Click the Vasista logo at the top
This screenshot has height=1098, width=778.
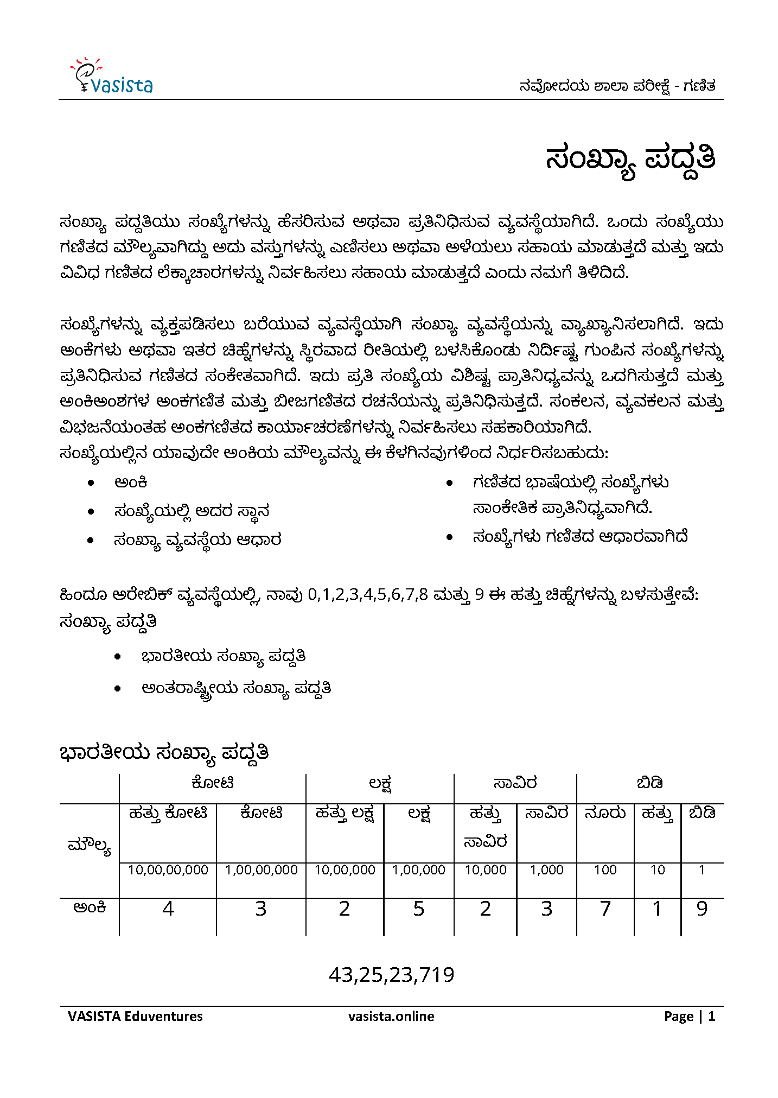pos(112,77)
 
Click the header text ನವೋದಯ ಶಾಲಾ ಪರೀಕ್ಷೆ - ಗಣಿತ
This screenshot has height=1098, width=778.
pos(617,86)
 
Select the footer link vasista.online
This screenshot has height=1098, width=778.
pos(391,1016)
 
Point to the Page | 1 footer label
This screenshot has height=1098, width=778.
pos(690,1016)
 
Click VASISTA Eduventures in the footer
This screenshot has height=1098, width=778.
pos(135,1016)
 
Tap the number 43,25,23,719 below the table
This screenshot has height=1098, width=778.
pos(391,975)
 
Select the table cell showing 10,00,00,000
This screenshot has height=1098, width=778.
pos(168,870)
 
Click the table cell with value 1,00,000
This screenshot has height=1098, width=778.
pos(418,870)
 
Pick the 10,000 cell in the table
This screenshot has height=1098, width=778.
pos(485,870)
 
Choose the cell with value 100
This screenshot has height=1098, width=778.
pos(605,870)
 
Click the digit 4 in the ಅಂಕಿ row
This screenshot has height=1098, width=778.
pos(168,909)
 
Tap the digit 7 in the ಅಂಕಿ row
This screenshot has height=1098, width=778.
pos(605,909)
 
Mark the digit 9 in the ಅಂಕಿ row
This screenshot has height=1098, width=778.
pos(702,909)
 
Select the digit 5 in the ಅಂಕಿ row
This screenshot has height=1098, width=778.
pos(418,909)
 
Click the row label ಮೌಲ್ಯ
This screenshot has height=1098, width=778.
pos(90,846)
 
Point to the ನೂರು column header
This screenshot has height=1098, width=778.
pos(605,813)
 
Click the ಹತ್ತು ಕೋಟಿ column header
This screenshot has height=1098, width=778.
pos(168,814)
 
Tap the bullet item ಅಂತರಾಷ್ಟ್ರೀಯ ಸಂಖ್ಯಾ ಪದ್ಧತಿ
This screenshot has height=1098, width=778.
pos(236,689)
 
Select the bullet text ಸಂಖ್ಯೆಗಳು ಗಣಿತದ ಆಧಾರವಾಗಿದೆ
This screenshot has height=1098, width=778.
pos(580,537)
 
